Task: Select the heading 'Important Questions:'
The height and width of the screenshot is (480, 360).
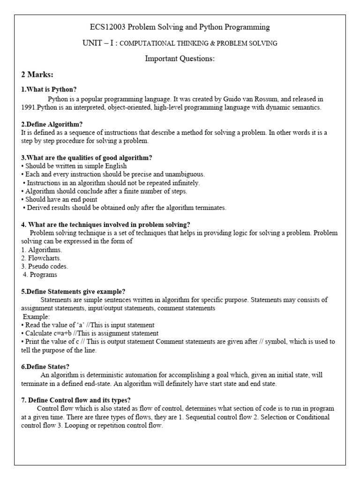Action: pos(180,59)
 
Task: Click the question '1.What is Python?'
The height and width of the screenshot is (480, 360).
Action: pos(49,90)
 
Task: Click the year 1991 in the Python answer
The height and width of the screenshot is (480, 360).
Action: pos(29,108)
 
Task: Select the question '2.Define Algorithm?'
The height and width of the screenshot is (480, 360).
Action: pos(52,124)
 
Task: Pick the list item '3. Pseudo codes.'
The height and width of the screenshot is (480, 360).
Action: pos(45,266)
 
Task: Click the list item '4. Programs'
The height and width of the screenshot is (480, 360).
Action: pos(40,275)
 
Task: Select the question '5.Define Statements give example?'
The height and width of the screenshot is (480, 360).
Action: pos(73,291)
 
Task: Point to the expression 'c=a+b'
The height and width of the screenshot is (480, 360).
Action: pos(62,333)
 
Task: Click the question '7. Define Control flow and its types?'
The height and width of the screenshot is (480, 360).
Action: pos(76,400)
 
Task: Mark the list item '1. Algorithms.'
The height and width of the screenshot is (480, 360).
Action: pos(42,249)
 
